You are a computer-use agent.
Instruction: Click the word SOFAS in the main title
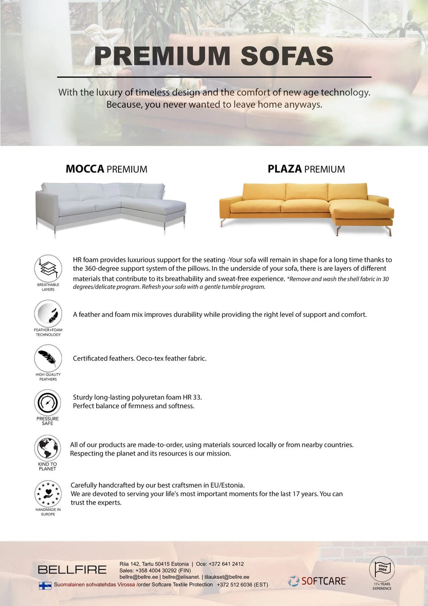[x=287, y=56]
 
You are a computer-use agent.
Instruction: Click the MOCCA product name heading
[x=85, y=169]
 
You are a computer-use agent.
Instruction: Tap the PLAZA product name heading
[x=284, y=169]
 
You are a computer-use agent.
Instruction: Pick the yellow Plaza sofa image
[x=307, y=207]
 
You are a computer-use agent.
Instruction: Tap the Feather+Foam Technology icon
[x=48, y=314]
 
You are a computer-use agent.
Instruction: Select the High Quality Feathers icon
[x=48, y=358]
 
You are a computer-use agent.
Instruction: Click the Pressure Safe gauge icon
[x=48, y=403]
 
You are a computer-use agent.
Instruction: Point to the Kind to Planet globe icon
[x=48, y=448]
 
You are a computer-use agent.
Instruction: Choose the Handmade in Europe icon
[x=48, y=494]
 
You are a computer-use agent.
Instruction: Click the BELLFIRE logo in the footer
[x=72, y=569]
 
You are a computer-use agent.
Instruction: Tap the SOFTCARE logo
[x=317, y=581]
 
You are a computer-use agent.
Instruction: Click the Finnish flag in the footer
[x=45, y=585]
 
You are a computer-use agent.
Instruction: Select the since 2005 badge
[x=382, y=569]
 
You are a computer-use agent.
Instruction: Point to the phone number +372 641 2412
[x=226, y=564]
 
